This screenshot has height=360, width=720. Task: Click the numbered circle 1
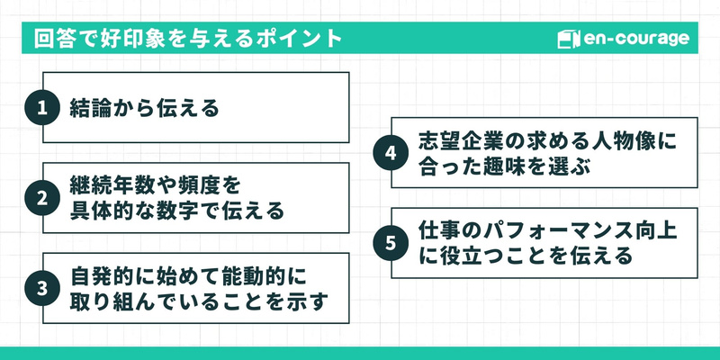coord(40,109)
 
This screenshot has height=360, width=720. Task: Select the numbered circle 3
coord(40,289)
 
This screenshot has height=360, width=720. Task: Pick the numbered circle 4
coord(390,154)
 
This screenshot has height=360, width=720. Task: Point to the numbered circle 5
coord(390,244)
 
